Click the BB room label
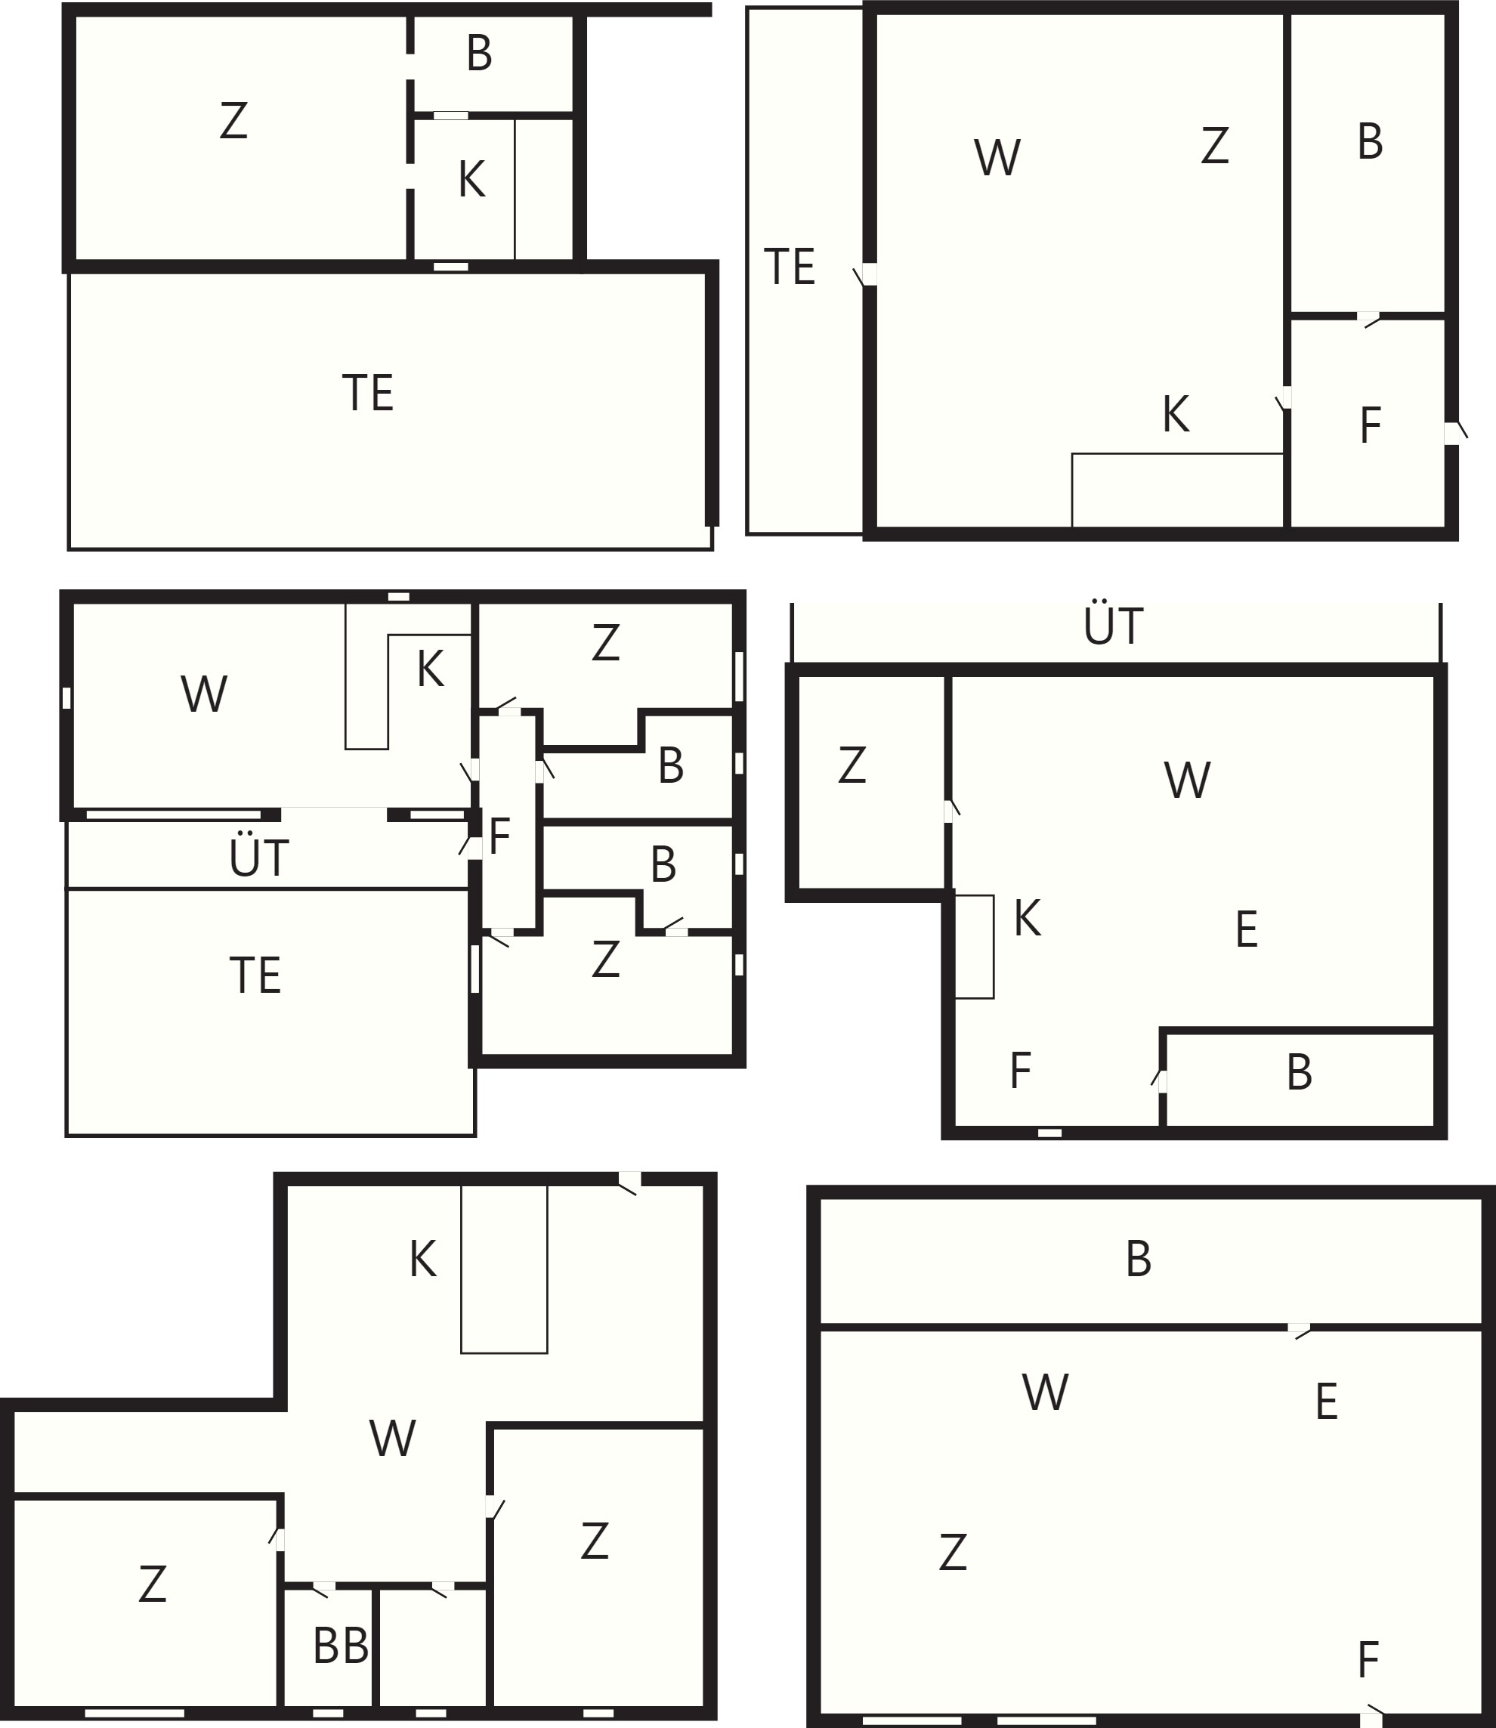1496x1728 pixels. (x=341, y=1646)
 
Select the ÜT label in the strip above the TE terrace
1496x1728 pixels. (x=259, y=858)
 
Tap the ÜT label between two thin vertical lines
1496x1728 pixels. (x=1114, y=626)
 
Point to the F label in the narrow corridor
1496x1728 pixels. (x=499, y=836)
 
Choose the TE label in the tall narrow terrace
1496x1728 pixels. (x=789, y=267)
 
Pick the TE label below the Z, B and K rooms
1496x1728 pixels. (x=367, y=392)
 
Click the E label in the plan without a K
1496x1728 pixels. (x=1327, y=1402)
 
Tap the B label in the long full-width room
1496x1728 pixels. (x=1139, y=1259)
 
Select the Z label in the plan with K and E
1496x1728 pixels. (x=852, y=765)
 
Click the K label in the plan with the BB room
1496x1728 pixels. (x=422, y=1260)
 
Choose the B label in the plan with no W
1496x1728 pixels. (x=479, y=54)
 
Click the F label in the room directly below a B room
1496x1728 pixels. (x=1370, y=425)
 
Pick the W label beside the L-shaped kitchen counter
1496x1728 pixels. (x=205, y=694)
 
